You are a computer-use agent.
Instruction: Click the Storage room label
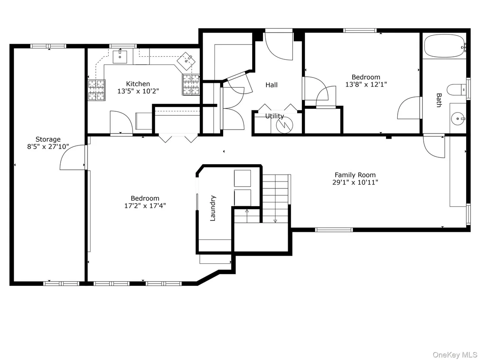(x=48, y=139)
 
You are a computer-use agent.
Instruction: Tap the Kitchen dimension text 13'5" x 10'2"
(x=138, y=91)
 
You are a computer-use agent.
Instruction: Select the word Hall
(x=272, y=85)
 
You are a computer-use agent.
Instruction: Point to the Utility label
(x=275, y=116)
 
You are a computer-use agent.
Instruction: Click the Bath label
(x=439, y=101)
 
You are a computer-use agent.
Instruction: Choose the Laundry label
(x=213, y=208)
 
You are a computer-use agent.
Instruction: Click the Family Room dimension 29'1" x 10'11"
(x=355, y=182)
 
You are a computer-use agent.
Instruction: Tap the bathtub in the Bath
(x=445, y=46)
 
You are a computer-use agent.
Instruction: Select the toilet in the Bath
(x=457, y=90)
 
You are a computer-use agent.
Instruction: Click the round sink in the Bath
(x=458, y=118)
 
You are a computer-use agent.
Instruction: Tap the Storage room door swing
(x=72, y=157)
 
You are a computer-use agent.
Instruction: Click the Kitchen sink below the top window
(x=120, y=57)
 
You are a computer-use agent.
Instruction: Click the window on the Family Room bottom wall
(x=334, y=230)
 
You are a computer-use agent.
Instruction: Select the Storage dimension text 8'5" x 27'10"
(x=48, y=146)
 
